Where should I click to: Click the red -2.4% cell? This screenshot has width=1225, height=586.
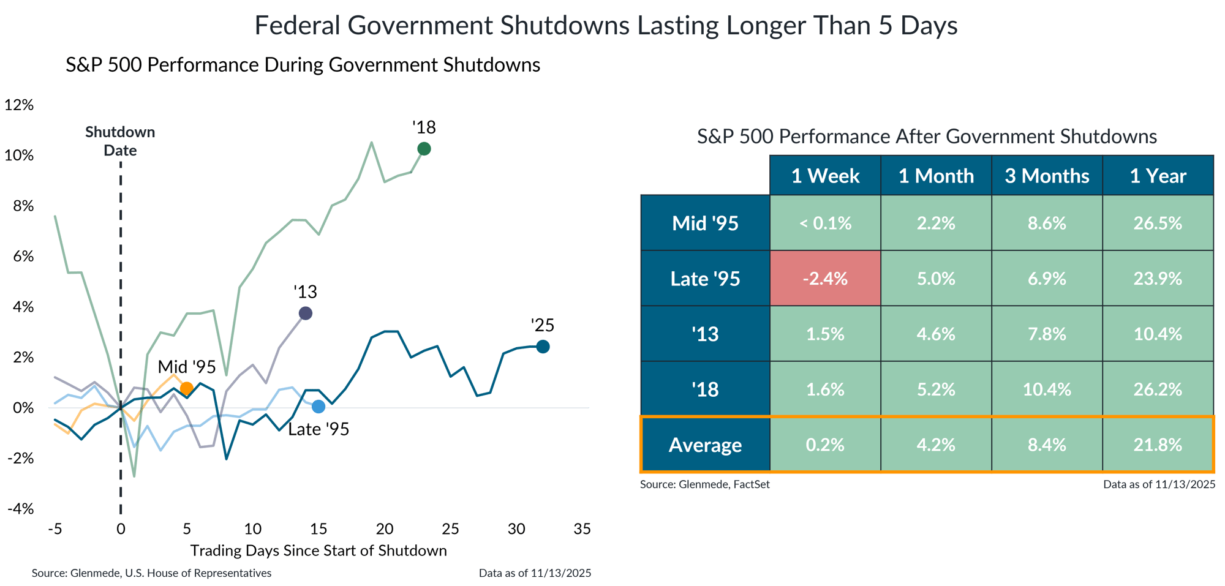click(825, 279)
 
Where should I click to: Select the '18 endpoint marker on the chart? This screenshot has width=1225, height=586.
click(423, 149)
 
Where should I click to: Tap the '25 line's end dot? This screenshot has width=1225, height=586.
click(543, 347)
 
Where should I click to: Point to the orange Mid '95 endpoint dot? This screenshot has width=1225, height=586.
click(186, 388)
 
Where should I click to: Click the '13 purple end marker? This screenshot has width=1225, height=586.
click(305, 314)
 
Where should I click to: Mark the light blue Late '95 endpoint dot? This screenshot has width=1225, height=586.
click(318, 407)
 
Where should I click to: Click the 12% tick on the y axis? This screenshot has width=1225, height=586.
click(19, 105)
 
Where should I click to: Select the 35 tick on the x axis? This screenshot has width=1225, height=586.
click(582, 528)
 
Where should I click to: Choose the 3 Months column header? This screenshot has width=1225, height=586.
click(1047, 176)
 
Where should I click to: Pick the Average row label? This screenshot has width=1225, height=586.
click(705, 445)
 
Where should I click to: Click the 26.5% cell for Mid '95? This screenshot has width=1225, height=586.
click(1158, 224)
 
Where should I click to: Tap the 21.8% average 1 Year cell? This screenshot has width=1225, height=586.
click(1158, 445)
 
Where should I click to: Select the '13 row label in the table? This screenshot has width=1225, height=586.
click(705, 334)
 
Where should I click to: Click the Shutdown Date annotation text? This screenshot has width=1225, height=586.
click(120, 141)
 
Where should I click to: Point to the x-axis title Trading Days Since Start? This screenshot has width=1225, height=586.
click(318, 550)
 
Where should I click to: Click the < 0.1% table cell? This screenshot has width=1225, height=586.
click(825, 224)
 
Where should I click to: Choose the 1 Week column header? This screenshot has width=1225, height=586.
click(825, 176)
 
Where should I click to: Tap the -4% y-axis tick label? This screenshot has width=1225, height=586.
click(20, 509)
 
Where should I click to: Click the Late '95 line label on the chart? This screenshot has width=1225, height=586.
click(318, 429)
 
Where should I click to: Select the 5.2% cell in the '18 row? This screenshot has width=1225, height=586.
click(936, 389)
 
